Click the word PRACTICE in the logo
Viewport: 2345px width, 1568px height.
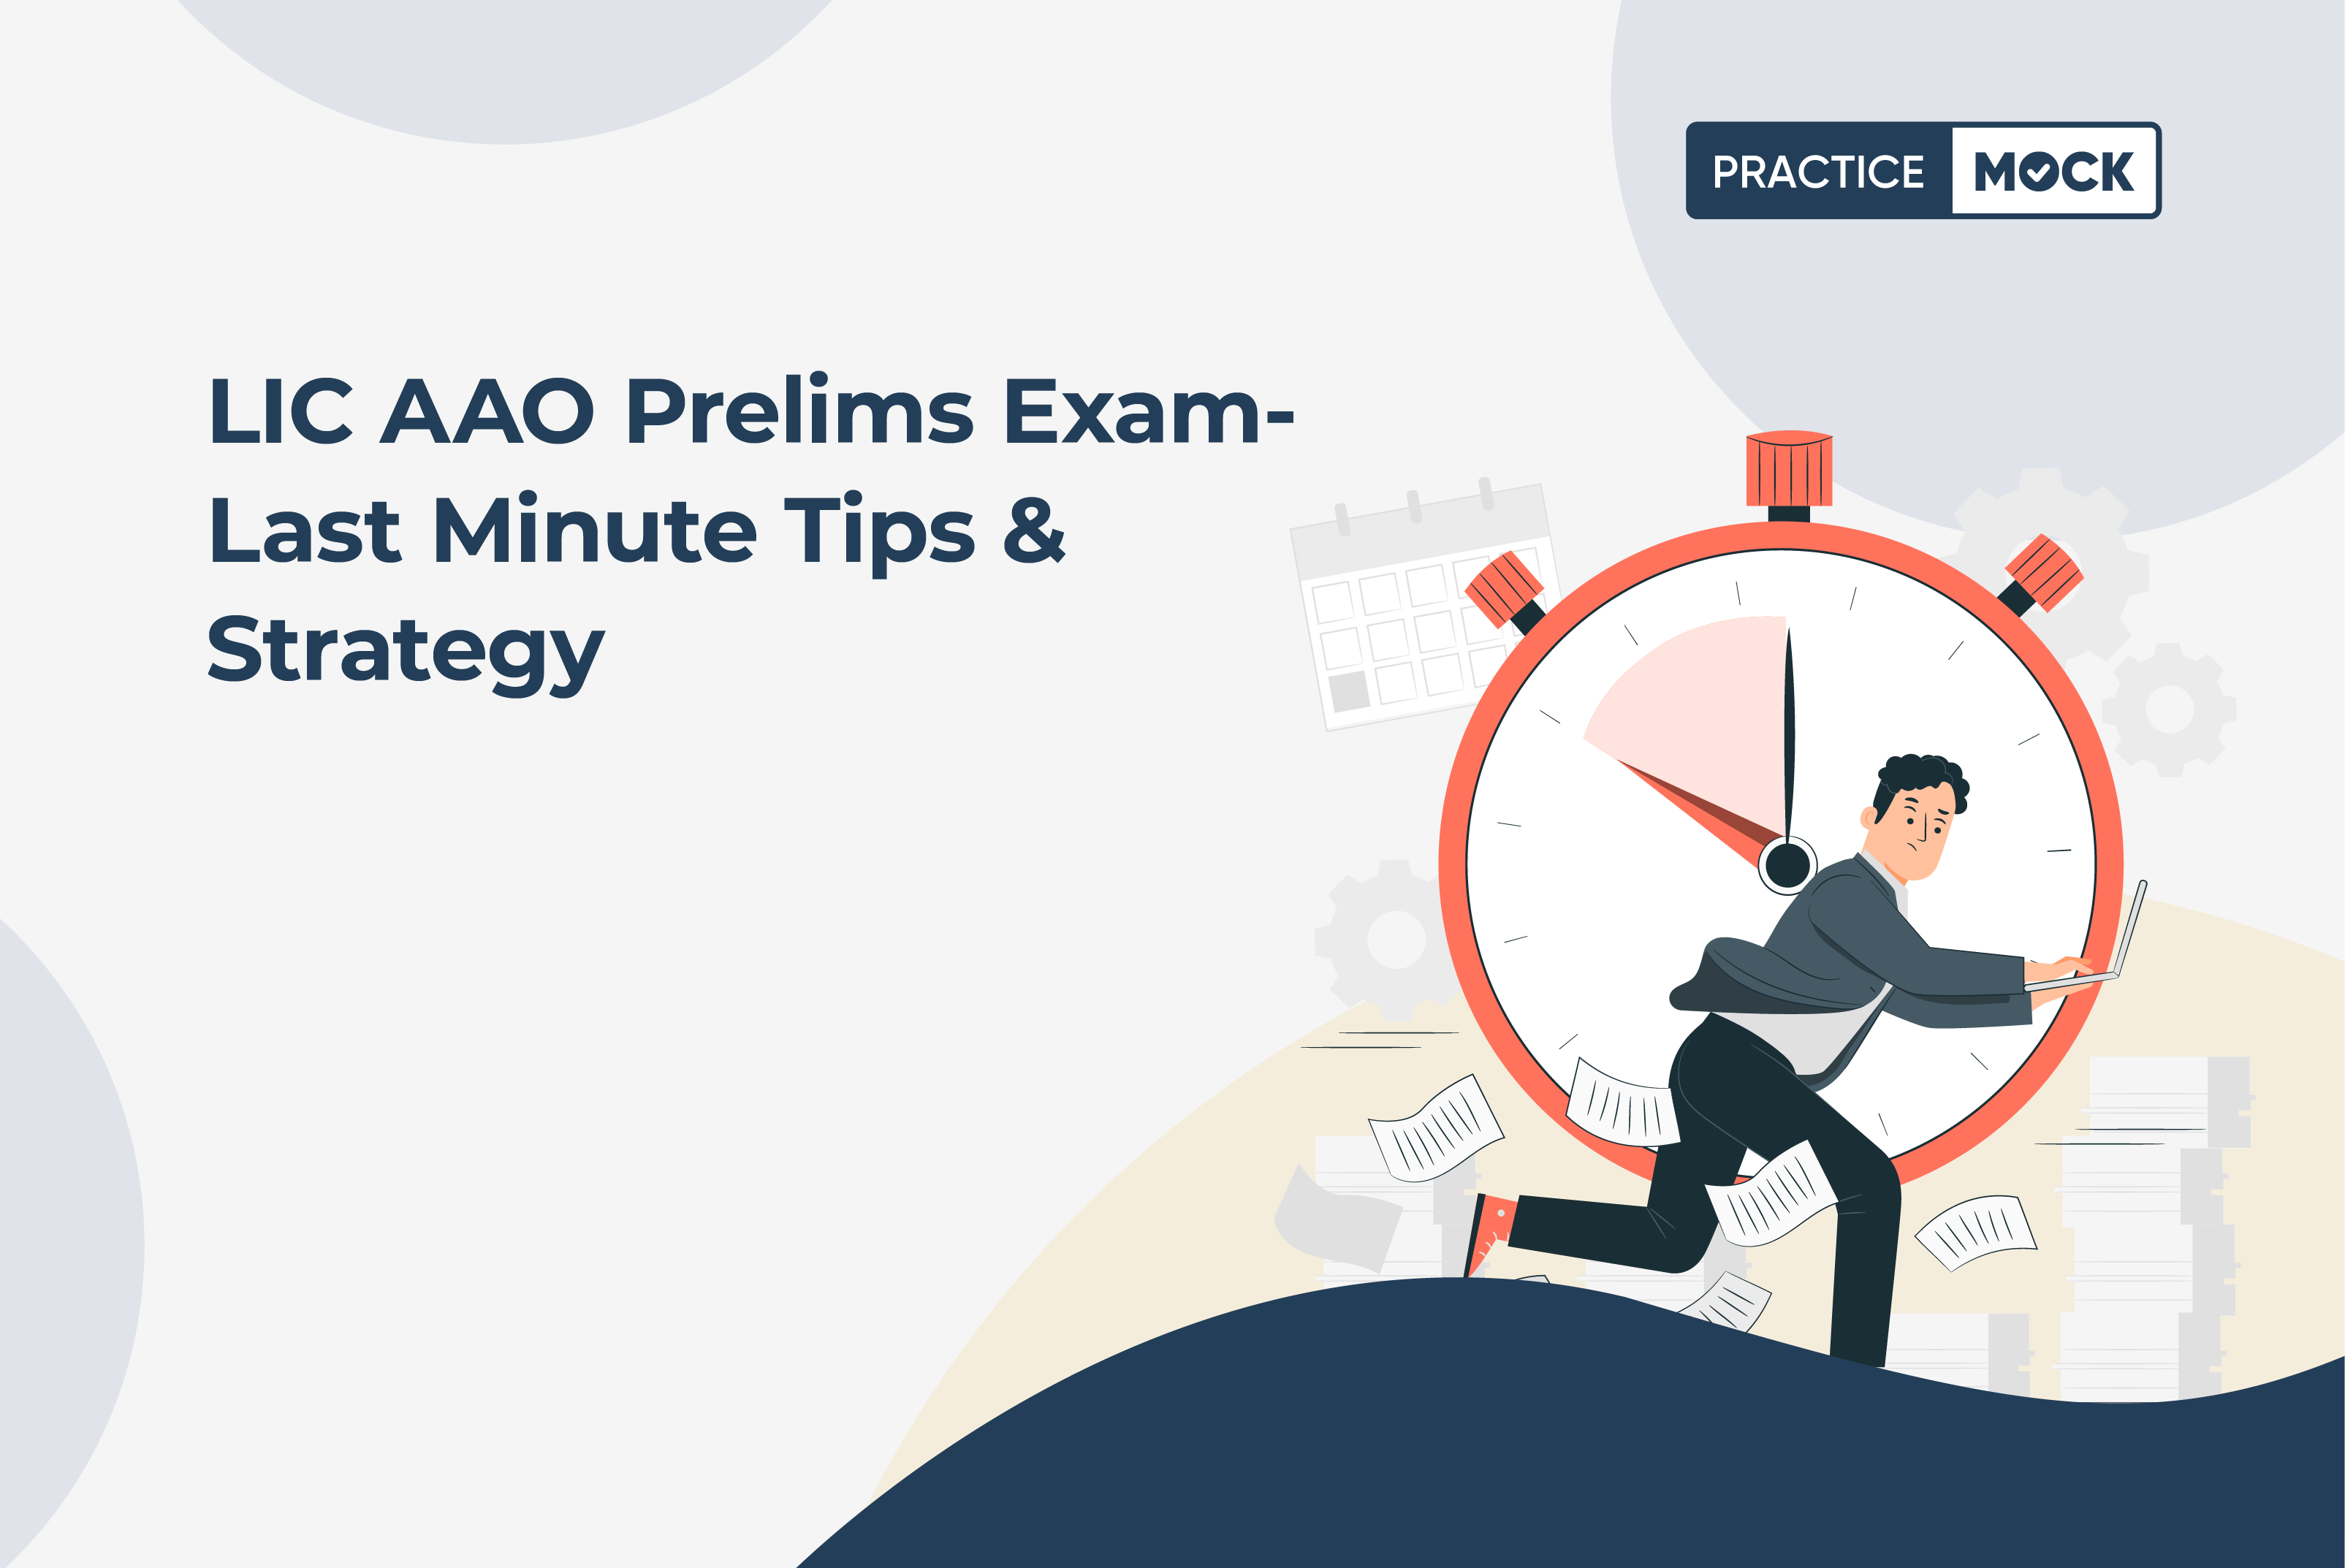pos(1818,172)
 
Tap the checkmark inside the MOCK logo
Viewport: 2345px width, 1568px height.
pos(2038,172)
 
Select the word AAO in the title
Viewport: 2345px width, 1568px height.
pos(487,411)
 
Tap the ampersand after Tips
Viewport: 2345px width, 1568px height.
pos(1034,529)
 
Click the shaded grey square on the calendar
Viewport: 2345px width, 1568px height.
pos(1349,691)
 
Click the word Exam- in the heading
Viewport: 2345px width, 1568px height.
pos(1149,411)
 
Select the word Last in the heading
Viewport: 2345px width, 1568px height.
pos(305,529)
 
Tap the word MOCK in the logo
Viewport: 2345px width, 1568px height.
pos(2054,172)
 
